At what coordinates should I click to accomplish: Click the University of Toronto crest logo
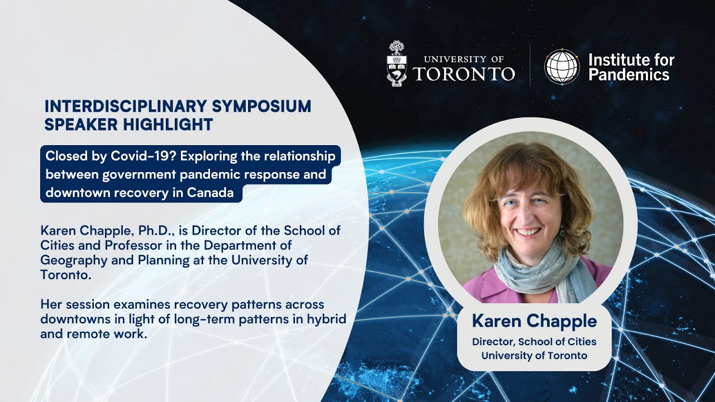click(397, 64)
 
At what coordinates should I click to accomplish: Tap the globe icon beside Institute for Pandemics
click(562, 67)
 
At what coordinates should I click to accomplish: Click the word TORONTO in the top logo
click(464, 74)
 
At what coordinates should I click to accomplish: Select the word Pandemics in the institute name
click(628, 75)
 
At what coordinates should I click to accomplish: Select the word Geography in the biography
click(69, 260)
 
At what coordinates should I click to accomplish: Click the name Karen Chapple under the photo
click(534, 322)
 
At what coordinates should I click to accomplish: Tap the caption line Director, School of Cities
click(534, 342)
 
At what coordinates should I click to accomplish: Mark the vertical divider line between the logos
click(530, 65)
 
